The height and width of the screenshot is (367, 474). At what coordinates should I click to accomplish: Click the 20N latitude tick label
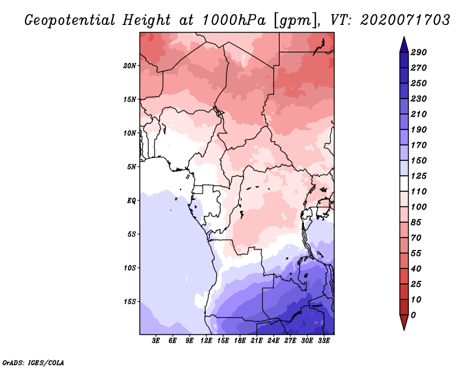point(130,65)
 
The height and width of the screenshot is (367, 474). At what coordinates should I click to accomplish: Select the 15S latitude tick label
point(130,301)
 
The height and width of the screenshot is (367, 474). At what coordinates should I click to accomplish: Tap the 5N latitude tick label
point(132,167)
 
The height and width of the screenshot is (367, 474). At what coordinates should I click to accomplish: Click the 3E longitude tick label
point(156,341)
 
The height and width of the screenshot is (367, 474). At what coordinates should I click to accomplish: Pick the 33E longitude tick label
point(324,341)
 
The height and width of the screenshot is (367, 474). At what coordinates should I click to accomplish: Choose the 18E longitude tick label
point(240,341)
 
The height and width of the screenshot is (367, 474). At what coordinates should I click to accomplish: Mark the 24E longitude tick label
point(274,341)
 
